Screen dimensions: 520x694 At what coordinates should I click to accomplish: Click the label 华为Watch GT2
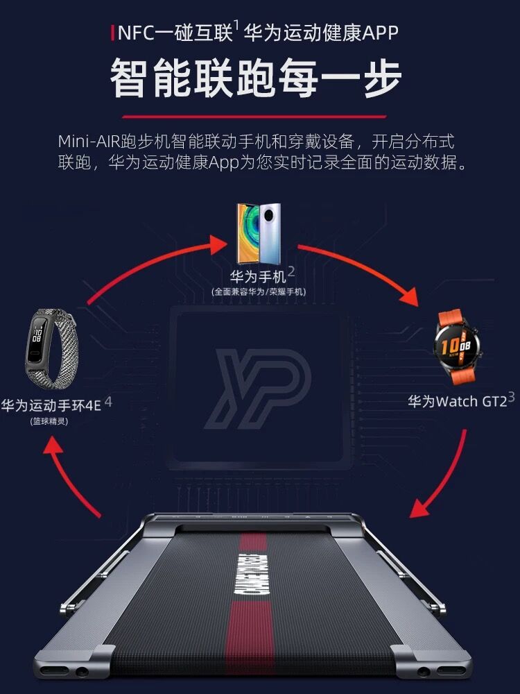pos(457,402)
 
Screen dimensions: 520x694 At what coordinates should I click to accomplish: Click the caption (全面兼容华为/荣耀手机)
pos(259,292)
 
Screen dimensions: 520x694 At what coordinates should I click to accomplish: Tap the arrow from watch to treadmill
pos(444,479)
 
